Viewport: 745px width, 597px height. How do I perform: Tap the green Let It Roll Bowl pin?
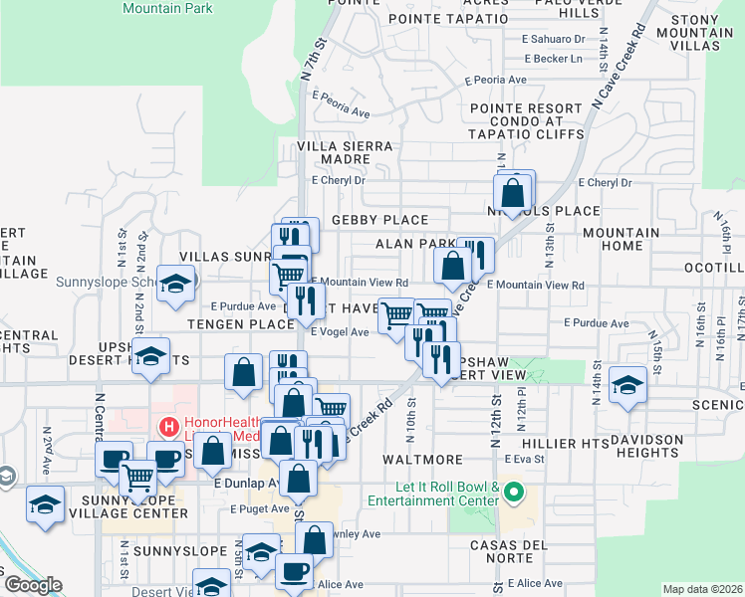[514, 492]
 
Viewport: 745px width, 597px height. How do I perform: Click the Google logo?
[33, 586]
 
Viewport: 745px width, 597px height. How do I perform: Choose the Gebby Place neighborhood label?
[379, 220]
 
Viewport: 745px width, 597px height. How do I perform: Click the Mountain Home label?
[621, 239]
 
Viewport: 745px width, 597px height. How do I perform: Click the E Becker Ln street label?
[553, 59]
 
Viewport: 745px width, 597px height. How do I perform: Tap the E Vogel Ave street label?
[340, 332]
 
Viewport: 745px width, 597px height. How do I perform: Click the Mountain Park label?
[167, 8]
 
